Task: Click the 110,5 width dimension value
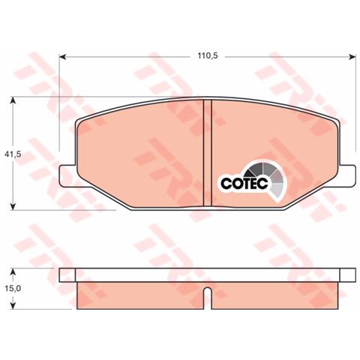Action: tap(208, 56)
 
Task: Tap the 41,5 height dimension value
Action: tap(13, 154)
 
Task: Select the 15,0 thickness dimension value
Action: tap(13, 288)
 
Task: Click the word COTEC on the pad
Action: tap(244, 183)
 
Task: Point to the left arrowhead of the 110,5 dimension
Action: tap(62, 57)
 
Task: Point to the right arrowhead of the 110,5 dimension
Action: tap(352, 57)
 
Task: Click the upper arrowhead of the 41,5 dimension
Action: tap(13, 100)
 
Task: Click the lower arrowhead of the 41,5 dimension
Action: tap(13, 206)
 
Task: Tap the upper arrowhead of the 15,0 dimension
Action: tap(13, 271)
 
